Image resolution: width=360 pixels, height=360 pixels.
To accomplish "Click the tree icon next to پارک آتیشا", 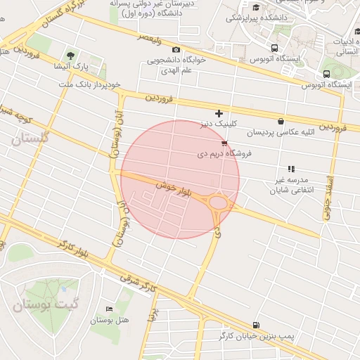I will (x=70, y=55).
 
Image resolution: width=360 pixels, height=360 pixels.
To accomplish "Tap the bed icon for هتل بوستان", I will (x=108, y=309).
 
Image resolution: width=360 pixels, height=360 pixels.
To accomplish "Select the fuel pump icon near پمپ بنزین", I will (x=255, y=325).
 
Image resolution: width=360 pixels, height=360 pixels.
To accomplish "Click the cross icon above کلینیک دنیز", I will (x=219, y=112).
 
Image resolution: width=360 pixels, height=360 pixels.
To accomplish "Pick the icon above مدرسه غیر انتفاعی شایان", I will (x=291, y=169).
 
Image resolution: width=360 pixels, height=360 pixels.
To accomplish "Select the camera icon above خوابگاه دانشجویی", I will (x=176, y=50).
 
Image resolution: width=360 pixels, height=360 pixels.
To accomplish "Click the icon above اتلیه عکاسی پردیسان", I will (x=281, y=121).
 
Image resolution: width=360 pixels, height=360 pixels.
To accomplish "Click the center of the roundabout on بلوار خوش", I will (x=219, y=204).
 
